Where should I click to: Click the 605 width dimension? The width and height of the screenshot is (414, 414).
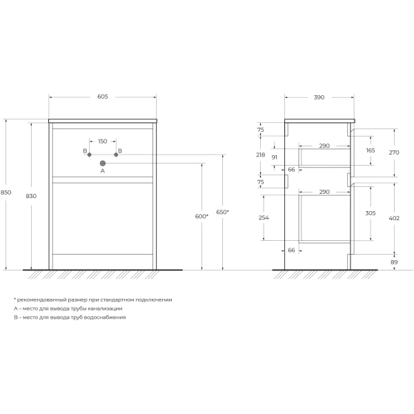click(102, 97)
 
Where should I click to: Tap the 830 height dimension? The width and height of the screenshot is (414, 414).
click(31, 196)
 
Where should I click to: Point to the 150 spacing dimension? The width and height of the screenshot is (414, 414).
click(102, 141)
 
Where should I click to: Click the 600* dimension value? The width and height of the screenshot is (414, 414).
click(201, 216)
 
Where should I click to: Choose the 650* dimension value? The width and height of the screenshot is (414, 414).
click(223, 212)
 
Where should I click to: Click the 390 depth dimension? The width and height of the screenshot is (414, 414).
click(319, 97)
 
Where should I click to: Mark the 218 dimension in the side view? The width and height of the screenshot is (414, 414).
click(260, 155)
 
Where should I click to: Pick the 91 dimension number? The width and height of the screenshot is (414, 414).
click(274, 158)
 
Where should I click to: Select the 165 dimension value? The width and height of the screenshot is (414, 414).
click(370, 150)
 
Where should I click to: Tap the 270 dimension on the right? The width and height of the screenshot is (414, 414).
click(393, 152)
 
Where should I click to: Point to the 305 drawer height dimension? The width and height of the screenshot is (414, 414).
click(370, 213)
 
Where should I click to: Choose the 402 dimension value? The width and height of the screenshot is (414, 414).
click(393, 219)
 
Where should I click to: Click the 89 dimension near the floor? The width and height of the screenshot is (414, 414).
click(393, 262)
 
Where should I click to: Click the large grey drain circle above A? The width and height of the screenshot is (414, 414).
click(102, 163)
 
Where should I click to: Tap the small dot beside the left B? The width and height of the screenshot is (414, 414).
click(89, 155)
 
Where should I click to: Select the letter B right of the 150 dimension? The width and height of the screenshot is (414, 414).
click(120, 150)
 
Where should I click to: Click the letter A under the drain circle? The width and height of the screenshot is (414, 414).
click(102, 170)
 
